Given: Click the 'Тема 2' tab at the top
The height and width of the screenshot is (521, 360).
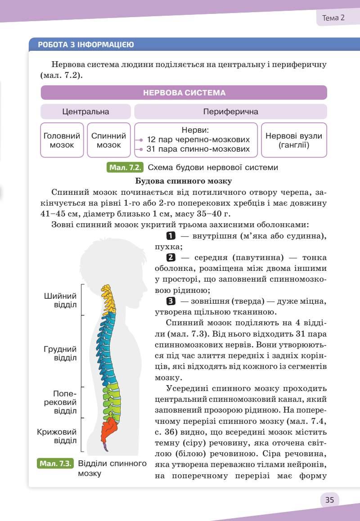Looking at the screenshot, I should point(333,18).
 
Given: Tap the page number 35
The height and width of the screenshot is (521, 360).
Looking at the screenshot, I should point(329,499).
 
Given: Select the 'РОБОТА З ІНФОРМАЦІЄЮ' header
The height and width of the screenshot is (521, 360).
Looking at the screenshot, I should point(85,45).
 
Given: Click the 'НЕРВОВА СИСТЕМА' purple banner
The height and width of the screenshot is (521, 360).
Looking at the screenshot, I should point(184,93).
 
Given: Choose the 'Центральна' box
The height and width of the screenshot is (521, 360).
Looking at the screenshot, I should point(85,112).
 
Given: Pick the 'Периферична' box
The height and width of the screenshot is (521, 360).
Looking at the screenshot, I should point(230,112).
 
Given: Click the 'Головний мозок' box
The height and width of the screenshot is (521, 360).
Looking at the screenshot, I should point(62,140).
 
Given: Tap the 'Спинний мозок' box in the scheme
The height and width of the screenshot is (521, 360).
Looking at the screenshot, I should point(108,140).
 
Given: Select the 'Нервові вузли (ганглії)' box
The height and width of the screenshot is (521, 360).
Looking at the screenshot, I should point(294,140).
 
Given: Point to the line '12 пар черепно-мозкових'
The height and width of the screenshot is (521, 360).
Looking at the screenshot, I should point(198,139).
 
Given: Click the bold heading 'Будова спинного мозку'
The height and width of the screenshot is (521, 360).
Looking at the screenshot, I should point(184,181).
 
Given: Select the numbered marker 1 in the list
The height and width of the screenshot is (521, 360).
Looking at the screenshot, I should point(171,235).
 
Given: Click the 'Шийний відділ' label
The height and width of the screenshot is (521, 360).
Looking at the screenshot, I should point(60,300).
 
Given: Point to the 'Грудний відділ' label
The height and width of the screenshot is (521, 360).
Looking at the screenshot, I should point(60,353).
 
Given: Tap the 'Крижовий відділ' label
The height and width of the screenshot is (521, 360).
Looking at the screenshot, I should point(57,436).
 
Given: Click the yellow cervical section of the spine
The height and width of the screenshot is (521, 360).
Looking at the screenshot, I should point(108,297).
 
